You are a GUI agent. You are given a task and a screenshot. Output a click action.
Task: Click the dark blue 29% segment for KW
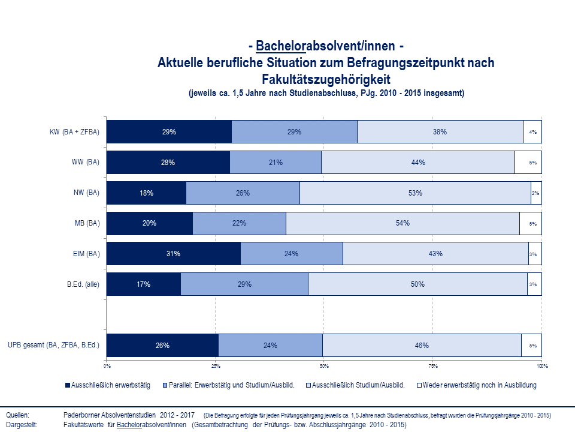point(169,132)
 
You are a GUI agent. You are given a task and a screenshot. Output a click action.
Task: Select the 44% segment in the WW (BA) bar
point(418,162)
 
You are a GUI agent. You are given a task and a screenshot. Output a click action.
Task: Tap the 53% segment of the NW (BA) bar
point(415,193)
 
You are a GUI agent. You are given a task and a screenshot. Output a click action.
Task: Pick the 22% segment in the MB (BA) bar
point(240,223)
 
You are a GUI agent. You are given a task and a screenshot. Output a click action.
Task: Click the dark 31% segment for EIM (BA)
point(174,254)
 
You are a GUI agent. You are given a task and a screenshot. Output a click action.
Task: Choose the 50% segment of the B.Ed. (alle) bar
point(417,284)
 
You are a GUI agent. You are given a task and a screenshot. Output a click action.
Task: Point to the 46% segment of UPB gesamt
point(422,345)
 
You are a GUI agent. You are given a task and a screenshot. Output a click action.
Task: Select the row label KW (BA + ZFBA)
point(75,132)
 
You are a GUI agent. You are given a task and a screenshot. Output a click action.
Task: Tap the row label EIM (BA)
point(83,254)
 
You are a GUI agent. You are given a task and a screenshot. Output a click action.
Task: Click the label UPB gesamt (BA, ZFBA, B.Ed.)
point(53,345)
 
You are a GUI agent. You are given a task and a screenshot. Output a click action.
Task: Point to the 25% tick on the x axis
point(216,365)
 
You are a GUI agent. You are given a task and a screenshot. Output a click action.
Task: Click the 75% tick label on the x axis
point(433,365)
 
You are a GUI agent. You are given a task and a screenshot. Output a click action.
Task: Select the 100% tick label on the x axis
point(541,365)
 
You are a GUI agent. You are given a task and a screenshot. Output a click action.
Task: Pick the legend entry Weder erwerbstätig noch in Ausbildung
point(479,385)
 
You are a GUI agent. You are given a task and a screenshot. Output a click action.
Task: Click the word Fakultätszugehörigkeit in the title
point(326,79)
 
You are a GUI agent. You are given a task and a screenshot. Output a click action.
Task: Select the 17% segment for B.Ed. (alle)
point(144,284)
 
